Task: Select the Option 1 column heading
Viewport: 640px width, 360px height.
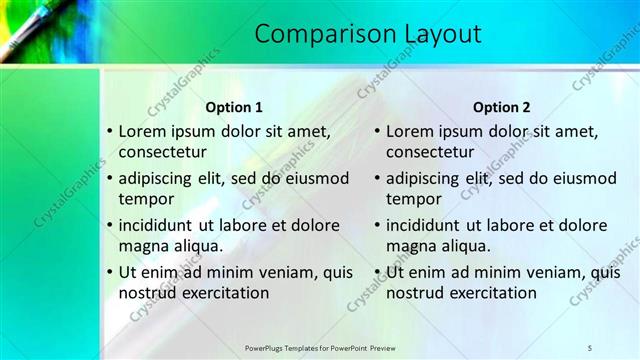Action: (x=234, y=107)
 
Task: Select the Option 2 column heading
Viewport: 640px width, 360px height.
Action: (x=502, y=107)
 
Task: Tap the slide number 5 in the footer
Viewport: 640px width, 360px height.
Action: (x=590, y=347)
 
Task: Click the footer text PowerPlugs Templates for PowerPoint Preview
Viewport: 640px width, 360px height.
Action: (x=320, y=347)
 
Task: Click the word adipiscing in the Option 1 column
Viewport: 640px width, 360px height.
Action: (x=159, y=179)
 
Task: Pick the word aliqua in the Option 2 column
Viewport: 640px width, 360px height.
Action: (x=462, y=246)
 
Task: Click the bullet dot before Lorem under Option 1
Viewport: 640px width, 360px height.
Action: (x=109, y=131)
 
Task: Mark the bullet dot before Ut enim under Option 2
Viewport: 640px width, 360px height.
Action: (x=377, y=272)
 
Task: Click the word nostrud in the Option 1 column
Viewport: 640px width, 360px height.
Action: (x=146, y=293)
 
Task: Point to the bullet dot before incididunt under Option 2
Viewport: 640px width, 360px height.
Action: (x=377, y=225)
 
